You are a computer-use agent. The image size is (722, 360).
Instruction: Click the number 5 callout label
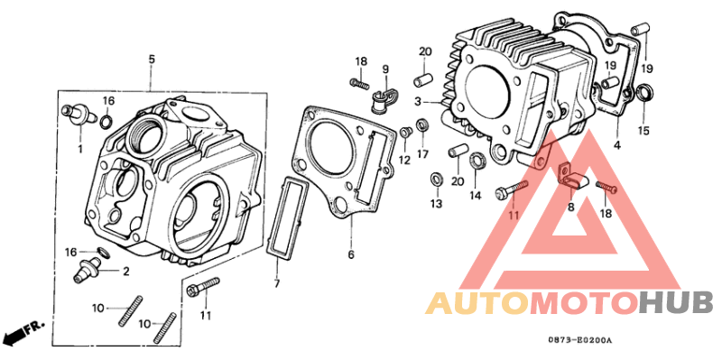(x=152, y=60)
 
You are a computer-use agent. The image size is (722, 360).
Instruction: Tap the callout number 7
(x=278, y=285)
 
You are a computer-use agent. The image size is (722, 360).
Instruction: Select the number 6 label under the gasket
(x=351, y=255)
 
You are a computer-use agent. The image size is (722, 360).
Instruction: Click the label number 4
(x=617, y=144)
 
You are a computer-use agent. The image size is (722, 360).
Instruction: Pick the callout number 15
(x=643, y=131)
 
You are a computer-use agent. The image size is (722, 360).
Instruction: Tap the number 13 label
(x=436, y=205)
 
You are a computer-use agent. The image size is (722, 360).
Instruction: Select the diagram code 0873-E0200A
(x=579, y=339)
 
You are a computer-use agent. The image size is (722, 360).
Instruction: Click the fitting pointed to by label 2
(x=88, y=266)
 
